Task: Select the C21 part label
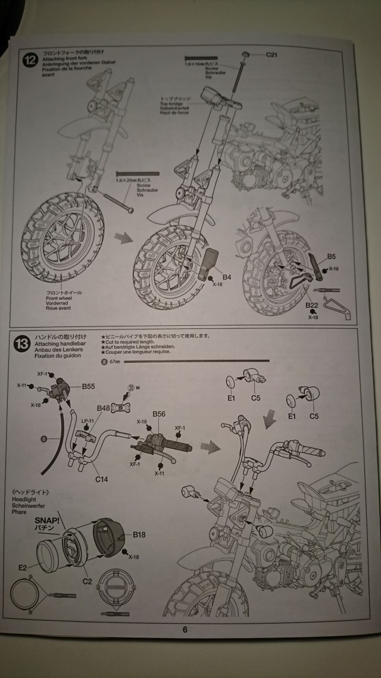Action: click(x=272, y=55)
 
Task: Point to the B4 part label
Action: click(x=227, y=277)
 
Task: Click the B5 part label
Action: click(x=331, y=258)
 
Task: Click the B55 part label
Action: click(x=89, y=387)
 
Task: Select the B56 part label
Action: click(x=159, y=413)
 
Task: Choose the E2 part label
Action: click(x=22, y=569)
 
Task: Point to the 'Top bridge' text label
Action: click(x=168, y=102)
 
